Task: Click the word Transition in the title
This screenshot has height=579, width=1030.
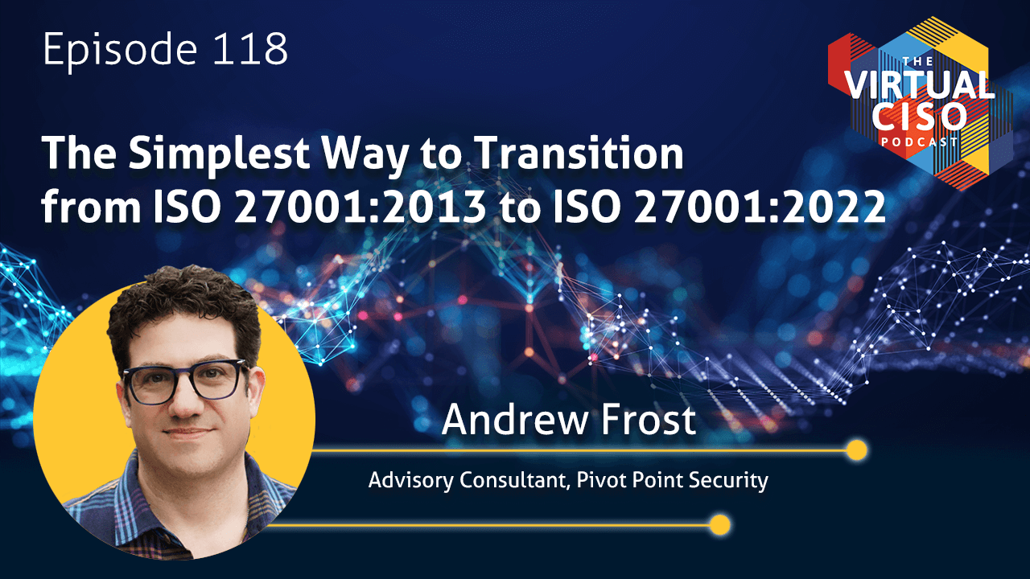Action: [x=579, y=153]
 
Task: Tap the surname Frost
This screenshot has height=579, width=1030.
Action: [x=649, y=419]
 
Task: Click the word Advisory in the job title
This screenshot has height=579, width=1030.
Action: [x=410, y=481]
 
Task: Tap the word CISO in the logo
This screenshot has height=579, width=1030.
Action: [x=919, y=117]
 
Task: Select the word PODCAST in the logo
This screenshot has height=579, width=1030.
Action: [x=919, y=142]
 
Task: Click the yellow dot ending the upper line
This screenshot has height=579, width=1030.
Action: [x=857, y=450]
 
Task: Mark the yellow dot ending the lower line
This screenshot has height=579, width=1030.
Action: [x=719, y=525]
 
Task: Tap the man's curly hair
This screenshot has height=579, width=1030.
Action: [x=184, y=303]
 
